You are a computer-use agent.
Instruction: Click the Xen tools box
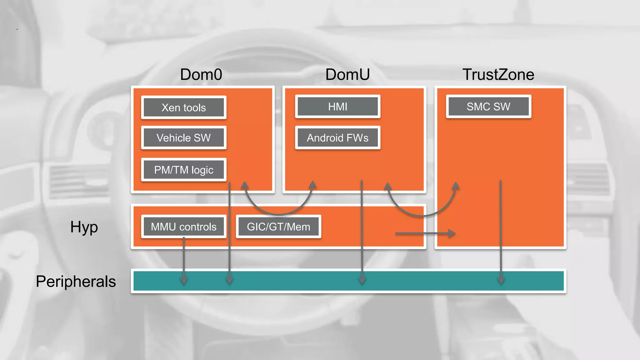(x=184, y=107)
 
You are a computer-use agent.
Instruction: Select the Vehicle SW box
(x=184, y=138)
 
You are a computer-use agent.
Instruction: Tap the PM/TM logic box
(x=184, y=170)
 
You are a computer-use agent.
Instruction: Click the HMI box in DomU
(x=337, y=107)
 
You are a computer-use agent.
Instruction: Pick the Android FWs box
(x=337, y=138)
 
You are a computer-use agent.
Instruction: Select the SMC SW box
(x=488, y=107)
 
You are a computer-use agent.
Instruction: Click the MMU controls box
(x=184, y=227)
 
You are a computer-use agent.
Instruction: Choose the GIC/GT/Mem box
(x=278, y=227)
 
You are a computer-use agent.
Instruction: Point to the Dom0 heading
(x=201, y=75)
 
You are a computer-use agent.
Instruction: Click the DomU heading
(x=347, y=75)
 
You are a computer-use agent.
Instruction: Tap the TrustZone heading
(x=498, y=75)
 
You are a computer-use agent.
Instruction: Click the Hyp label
(x=84, y=227)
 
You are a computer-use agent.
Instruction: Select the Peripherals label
(x=76, y=281)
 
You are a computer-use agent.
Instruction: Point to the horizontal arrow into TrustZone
(x=425, y=233)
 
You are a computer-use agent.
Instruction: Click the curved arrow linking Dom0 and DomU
(x=278, y=214)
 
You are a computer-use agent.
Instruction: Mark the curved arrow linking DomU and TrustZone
(x=422, y=216)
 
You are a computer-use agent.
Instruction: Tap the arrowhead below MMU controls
(x=184, y=280)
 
